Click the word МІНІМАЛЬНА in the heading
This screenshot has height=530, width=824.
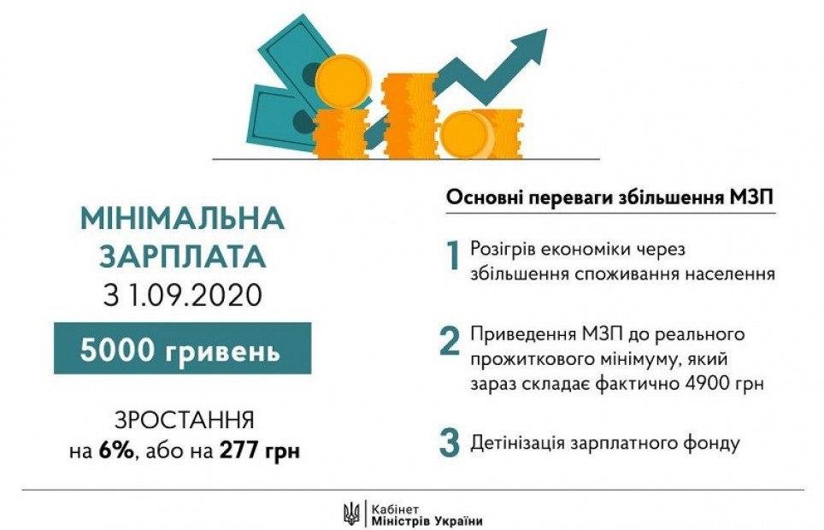coord(183,217)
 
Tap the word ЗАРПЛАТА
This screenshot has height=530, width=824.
coord(183,256)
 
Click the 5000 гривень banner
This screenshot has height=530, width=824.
coord(182,349)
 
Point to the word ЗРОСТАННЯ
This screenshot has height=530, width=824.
coord(185,421)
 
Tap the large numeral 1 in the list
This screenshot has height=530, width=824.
coord(452,256)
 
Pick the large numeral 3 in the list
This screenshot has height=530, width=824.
coord(450,442)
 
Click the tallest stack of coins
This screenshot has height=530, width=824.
coord(410,116)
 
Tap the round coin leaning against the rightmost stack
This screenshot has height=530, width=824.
coord(467,134)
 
